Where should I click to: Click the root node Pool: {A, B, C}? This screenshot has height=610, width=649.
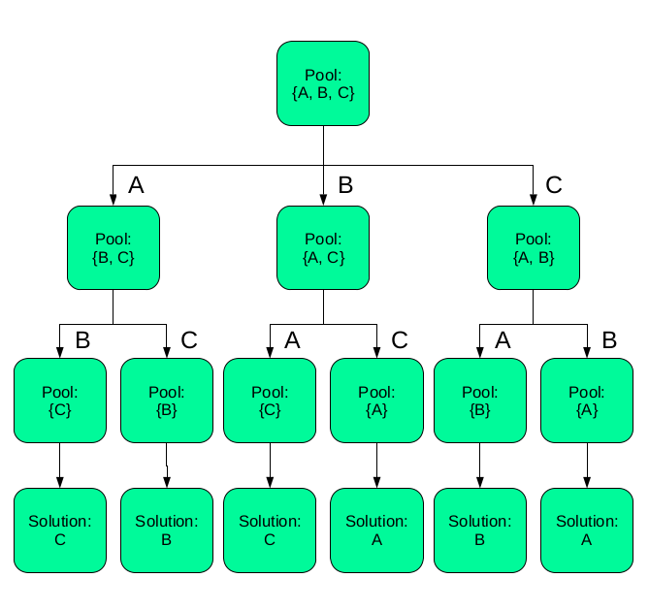pos(323,83)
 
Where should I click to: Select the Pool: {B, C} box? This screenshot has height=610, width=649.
pos(113,247)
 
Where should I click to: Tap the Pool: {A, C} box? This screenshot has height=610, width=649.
pos(323,247)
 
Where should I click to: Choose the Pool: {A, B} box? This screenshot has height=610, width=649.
pos(533,247)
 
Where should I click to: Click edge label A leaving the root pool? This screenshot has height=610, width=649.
pos(136,186)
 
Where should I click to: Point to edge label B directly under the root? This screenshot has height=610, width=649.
pos(345,186)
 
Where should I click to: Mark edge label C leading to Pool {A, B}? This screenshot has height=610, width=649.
pos(554,186)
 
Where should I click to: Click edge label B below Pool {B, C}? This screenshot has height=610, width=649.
pos(82,340)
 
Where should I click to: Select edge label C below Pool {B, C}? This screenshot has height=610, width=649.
pos(189,340)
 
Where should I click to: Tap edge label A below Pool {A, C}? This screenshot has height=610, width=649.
pos(292,340)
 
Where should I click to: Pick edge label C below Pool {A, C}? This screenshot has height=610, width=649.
pos(399,340)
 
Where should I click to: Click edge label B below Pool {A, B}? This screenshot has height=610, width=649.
pos(609,340)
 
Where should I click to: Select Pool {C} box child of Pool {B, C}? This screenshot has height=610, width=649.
pos(60,401)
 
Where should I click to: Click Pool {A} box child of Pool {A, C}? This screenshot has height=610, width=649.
pos(376,401)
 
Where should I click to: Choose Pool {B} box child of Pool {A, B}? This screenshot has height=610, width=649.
pos(479,401)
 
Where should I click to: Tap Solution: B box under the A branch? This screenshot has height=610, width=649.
pos(166,530)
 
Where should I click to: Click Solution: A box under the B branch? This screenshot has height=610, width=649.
pos(376,530)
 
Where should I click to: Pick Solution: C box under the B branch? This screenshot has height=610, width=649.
pos(270,530)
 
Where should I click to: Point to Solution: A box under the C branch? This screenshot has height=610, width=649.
pos(586,530)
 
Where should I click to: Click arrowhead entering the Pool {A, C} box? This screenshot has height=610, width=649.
pos(323,199)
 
